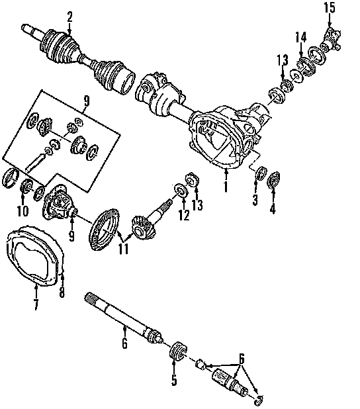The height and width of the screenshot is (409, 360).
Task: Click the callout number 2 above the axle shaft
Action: pos(69,17)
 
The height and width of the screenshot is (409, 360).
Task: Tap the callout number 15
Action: pos(329,7)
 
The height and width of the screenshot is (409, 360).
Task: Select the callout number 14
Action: pos(301,37)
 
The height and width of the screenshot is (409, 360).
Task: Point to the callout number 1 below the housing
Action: pos(226,187)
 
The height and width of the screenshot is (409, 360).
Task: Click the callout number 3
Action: pos(255,200)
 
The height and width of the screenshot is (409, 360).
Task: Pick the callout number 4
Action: pos(273,208)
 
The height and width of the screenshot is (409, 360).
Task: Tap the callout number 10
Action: pos(22,210)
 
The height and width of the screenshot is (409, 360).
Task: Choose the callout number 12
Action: pos(184,215)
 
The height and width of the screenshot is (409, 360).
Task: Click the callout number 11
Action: pos(123,249)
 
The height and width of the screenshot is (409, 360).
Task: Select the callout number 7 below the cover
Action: pos(36,304)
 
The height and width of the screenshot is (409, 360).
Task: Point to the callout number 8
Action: pos(62,292)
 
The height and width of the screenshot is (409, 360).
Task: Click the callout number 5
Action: pos(174,380)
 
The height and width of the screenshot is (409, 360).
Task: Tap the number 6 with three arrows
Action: pos(242,359)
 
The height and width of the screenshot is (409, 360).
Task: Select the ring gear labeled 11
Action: pos(104,230)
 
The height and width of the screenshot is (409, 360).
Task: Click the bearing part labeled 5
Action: pos(179,351)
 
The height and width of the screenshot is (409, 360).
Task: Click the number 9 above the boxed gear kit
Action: pos(87,101)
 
